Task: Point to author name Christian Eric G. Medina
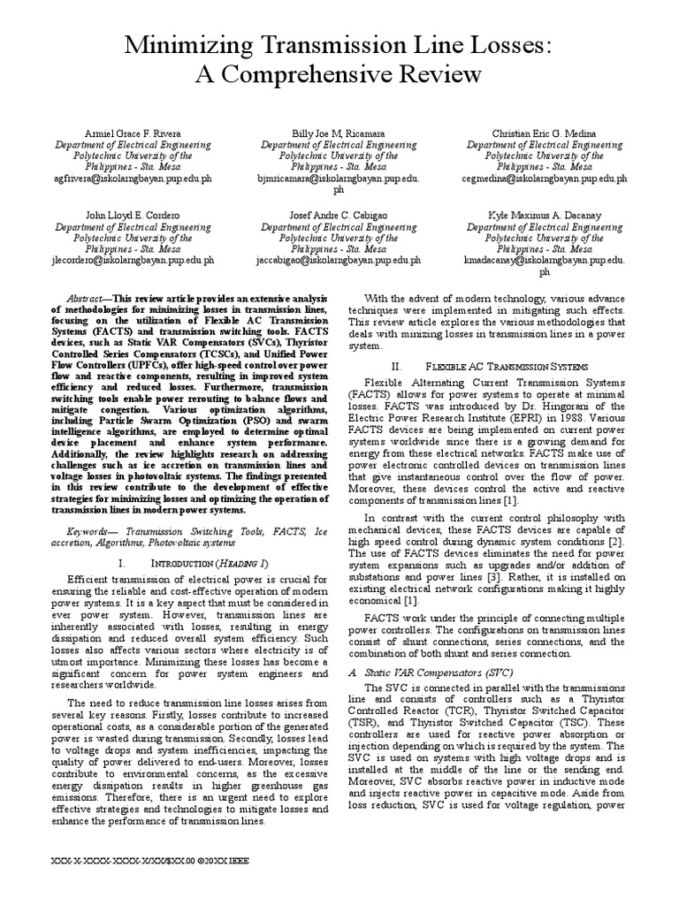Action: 544,133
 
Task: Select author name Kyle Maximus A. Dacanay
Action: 544,216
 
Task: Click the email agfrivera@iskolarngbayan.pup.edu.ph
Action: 134,178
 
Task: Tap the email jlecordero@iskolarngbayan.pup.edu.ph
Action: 134,261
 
